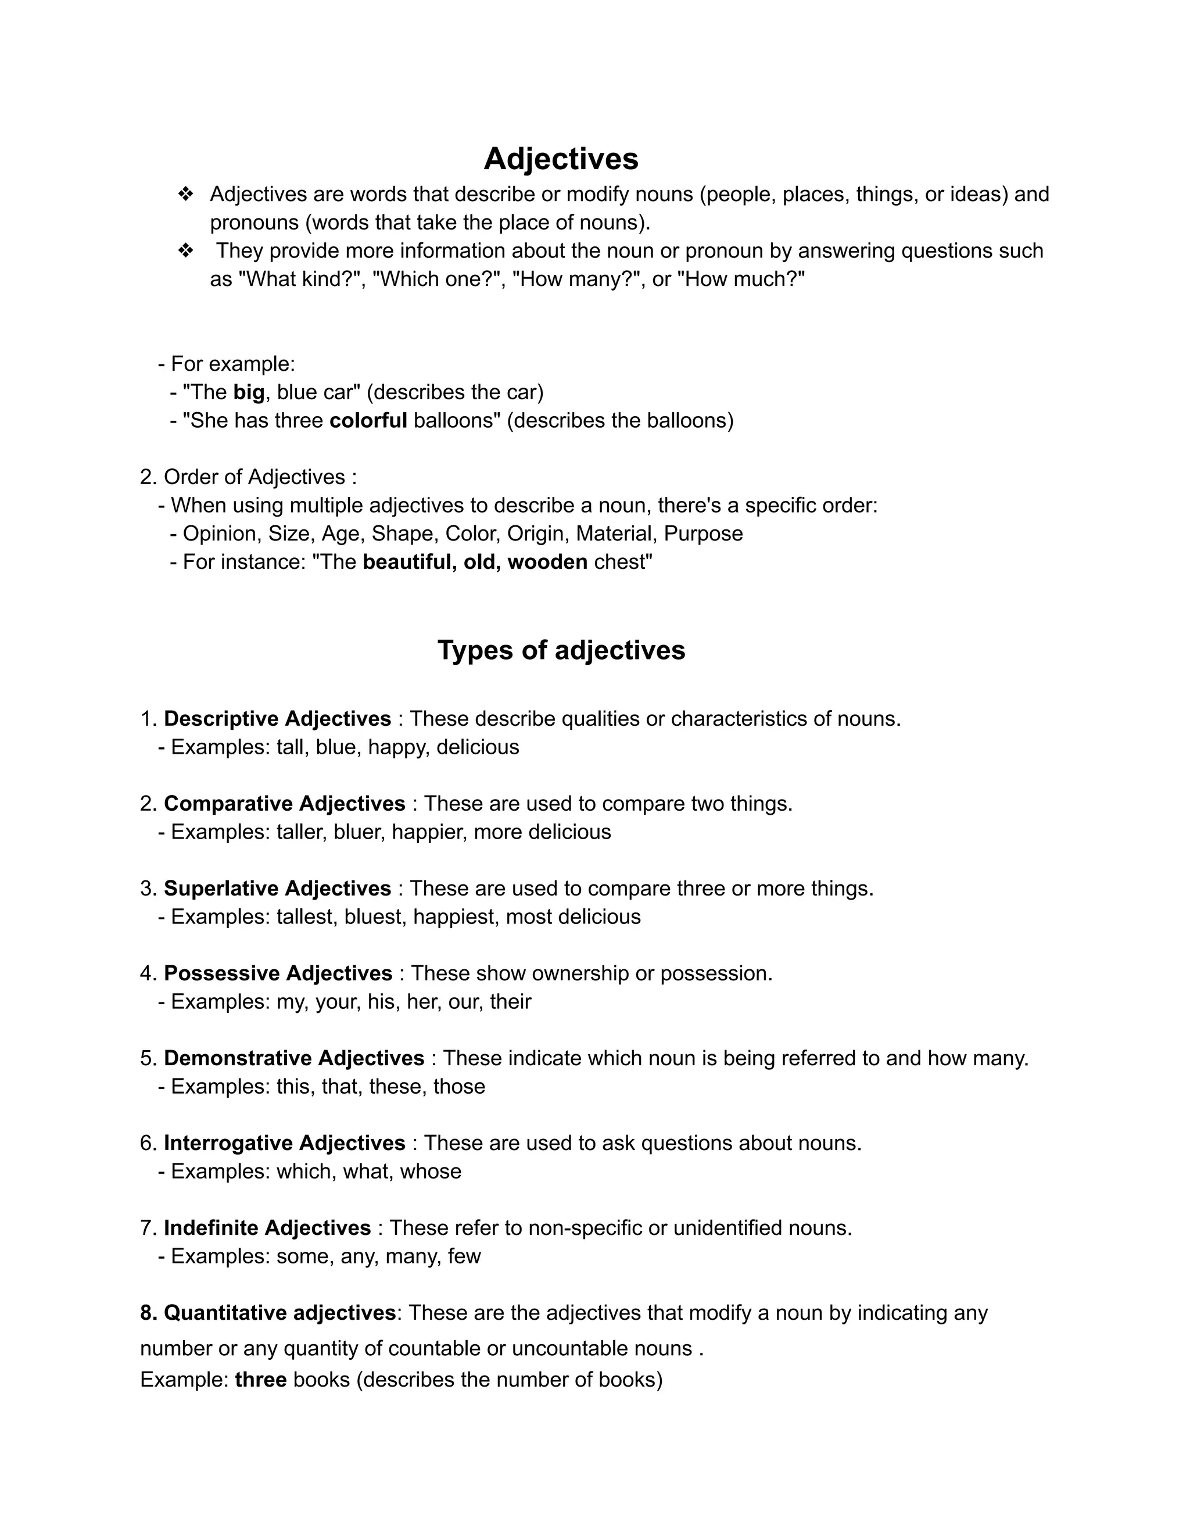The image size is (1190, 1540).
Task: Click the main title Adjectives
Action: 561,159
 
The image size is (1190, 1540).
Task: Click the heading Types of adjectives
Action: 561,650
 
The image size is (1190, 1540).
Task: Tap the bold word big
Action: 248,392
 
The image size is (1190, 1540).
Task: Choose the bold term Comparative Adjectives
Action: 284,803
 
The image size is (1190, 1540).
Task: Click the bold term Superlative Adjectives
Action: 277,889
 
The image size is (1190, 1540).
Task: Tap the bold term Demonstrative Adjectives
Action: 294,1058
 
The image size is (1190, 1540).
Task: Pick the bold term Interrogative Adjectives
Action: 284,1143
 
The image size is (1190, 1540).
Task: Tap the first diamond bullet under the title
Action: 185,194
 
